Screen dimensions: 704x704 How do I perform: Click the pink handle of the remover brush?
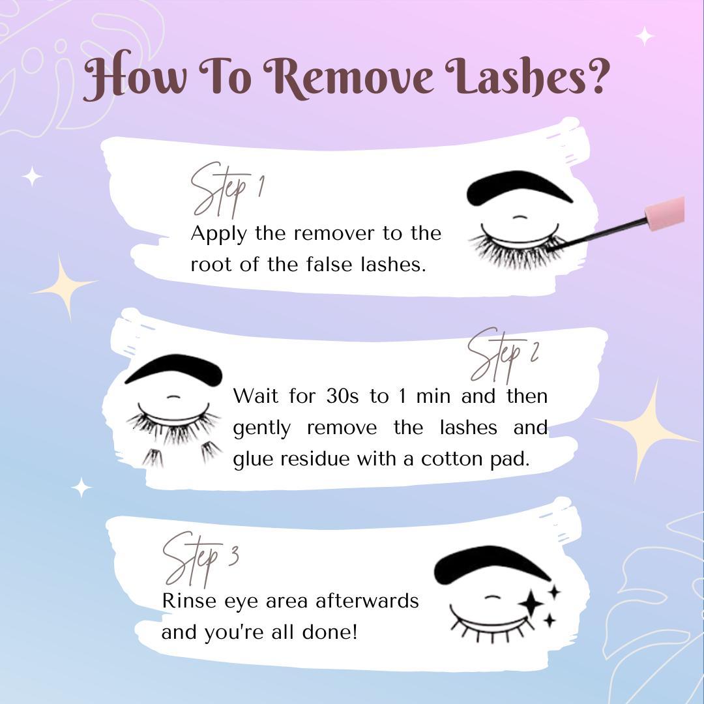665,213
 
